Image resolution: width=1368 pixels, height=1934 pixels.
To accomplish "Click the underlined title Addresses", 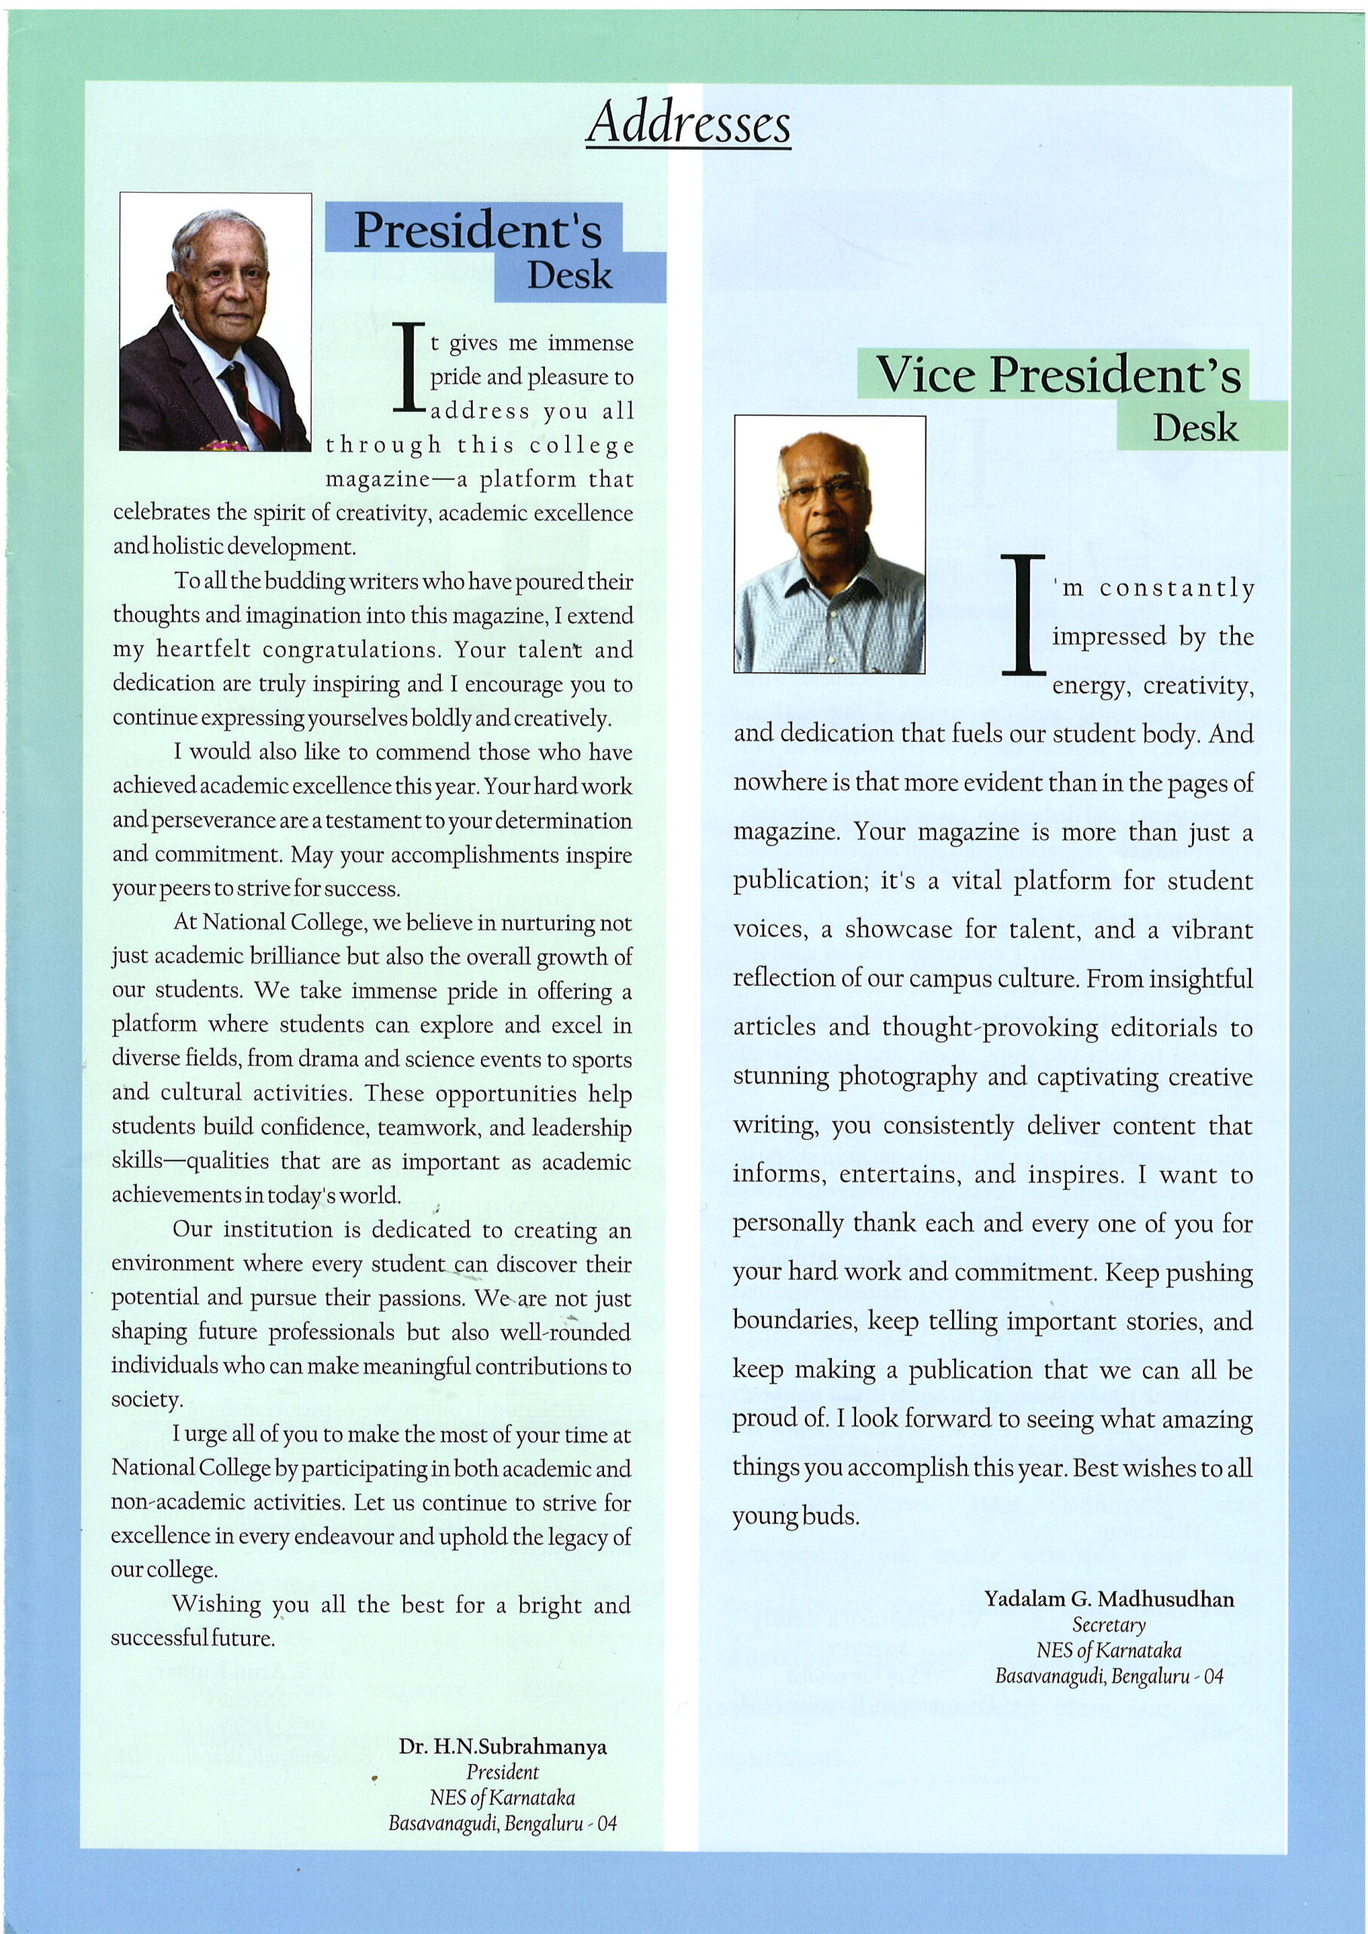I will tap(689, 124).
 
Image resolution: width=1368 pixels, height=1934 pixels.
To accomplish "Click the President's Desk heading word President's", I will tap(477, 230).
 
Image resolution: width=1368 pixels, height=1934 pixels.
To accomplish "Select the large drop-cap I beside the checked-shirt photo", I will tap(1023, 615).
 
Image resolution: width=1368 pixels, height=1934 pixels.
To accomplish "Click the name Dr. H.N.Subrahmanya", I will tap(503, 1747).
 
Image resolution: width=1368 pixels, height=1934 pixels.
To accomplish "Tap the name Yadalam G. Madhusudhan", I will tap(1108, 1599).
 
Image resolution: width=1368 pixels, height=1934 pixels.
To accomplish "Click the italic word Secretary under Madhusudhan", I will tap(1108, 1625).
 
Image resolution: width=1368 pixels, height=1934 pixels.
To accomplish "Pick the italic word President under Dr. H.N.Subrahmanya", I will tap(502, 1772).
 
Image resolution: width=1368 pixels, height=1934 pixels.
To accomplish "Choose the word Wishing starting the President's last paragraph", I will tap(217, 1605).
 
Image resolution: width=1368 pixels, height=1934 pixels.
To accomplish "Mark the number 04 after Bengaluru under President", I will tap(606, 1824).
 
